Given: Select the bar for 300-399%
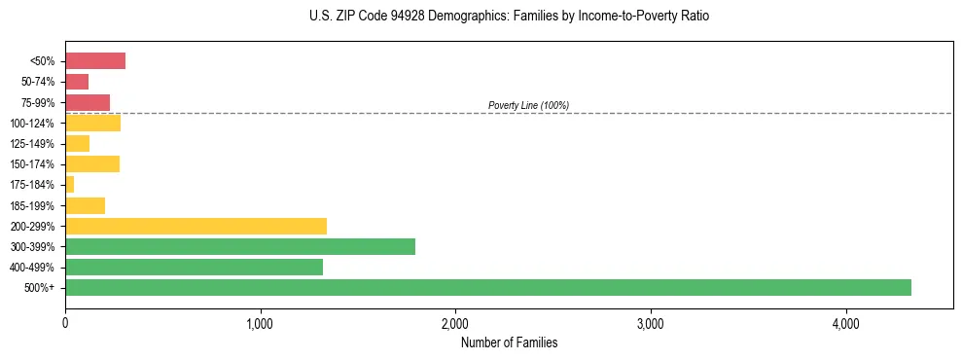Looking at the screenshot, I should pyautogui.click(x=240, y=246).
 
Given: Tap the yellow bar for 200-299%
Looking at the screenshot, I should pyautogui.click(x=196, y=226).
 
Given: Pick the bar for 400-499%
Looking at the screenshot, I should pyautogui.click(x=194, y=267).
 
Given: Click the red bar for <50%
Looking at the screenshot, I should pyautogui.click(x=95, y=61).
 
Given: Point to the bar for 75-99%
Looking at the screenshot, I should pyautogui.click(x=88, y=102).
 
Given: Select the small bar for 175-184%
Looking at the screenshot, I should pyautogui.click(x=70, y=185).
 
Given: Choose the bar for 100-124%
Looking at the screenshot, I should pyautogui.click(x=92, y=123).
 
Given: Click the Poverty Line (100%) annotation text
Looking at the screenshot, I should pyautogui.click(x=528, y=105).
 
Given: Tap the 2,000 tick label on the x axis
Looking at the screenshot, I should pyautogui.click(x=455, y=324).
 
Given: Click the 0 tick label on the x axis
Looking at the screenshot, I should pyautogui.click(x=65, y=324).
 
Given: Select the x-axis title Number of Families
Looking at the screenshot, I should pyautogui.click(x=509, y=342).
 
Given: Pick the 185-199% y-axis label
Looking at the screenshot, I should pyautogui.click(x=34, y=205).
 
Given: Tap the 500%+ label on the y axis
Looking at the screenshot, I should pyautogui.click(x=41, y=288).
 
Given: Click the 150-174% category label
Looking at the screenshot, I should pyautogui.click(x=34, y=164).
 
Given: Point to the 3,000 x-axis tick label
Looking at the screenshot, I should pyautogui.click(x=650, y=324).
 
